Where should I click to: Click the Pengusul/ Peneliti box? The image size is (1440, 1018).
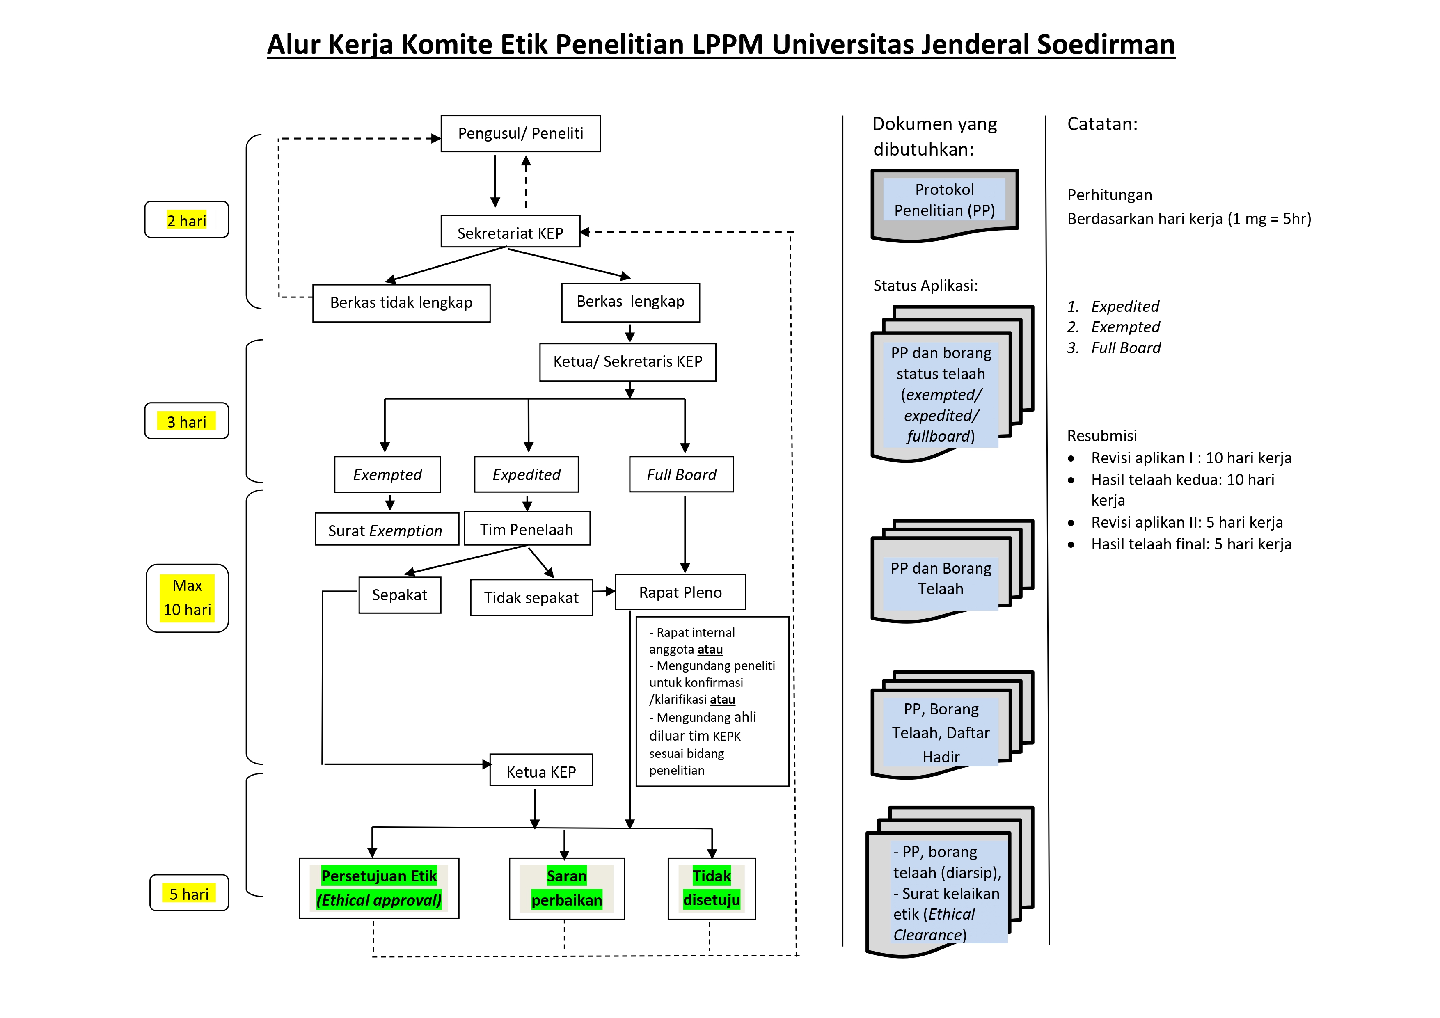520,134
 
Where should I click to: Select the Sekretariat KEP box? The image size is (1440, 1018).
510,233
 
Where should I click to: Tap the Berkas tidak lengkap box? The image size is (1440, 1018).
401,303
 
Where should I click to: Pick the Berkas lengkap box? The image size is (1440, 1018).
630,302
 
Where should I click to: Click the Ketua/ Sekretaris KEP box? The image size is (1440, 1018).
627,362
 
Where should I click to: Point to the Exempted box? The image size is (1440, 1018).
387,475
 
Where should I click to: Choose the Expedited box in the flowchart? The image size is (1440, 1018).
526,475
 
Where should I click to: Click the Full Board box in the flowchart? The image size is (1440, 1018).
681,475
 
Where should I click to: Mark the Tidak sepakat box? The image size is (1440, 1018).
531,598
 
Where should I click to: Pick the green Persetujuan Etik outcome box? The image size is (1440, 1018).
379,888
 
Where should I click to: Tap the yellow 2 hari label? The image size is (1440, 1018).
186,220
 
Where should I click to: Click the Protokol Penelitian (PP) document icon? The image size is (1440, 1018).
944,203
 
